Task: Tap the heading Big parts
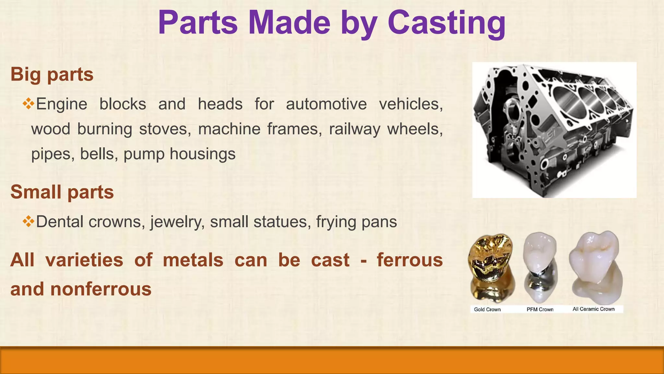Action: [x=52, y=75]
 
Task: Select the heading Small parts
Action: [x=62, y=192]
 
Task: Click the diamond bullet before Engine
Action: [x=29, y=104]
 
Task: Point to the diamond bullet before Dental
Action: [x=29, y=221]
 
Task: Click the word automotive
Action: [x=326, y=104]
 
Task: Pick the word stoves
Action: [x=165, y=129]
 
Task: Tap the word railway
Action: [x=354, y=129]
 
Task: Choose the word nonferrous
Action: [x=101, y=289]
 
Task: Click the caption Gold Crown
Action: [x=487, y=309]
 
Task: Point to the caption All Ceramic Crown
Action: [x=593, y=309]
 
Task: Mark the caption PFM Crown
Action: [x=540, y=309]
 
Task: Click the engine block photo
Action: [x=554, y=130]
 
